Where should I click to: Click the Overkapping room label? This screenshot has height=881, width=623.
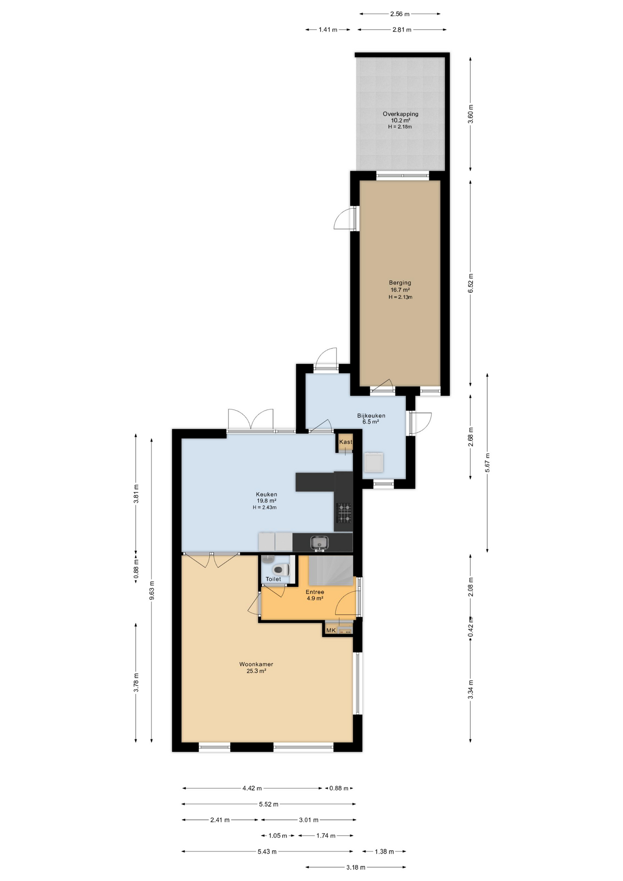point(400,114)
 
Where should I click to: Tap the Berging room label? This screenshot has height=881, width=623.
point(400,283)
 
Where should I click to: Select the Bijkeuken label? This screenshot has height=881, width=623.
point(371,416)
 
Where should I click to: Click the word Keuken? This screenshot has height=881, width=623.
point(267,494)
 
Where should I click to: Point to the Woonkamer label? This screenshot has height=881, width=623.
point(256,664)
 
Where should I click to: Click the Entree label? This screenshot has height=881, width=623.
point(315,592)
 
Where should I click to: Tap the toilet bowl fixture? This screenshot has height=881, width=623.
point(280,570)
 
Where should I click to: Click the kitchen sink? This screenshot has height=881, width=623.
point(319,542)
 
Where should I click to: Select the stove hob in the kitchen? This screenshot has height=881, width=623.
point(344,513)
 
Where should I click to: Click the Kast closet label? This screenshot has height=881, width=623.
point(346,442)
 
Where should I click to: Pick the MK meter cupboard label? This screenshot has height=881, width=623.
point(331,630)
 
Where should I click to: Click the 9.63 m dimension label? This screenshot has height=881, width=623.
point(151,590)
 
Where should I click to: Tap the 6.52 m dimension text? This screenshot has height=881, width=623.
point(470,283)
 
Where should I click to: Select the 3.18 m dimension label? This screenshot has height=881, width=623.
point(356,867)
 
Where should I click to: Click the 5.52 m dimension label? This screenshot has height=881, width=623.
point(268,804)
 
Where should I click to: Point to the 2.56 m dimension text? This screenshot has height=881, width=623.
point(400,14)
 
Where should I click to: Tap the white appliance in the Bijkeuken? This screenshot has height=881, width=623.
point(373,462)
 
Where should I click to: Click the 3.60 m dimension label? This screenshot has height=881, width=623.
point(470,114)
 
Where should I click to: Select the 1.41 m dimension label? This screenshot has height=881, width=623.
point(328,30)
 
